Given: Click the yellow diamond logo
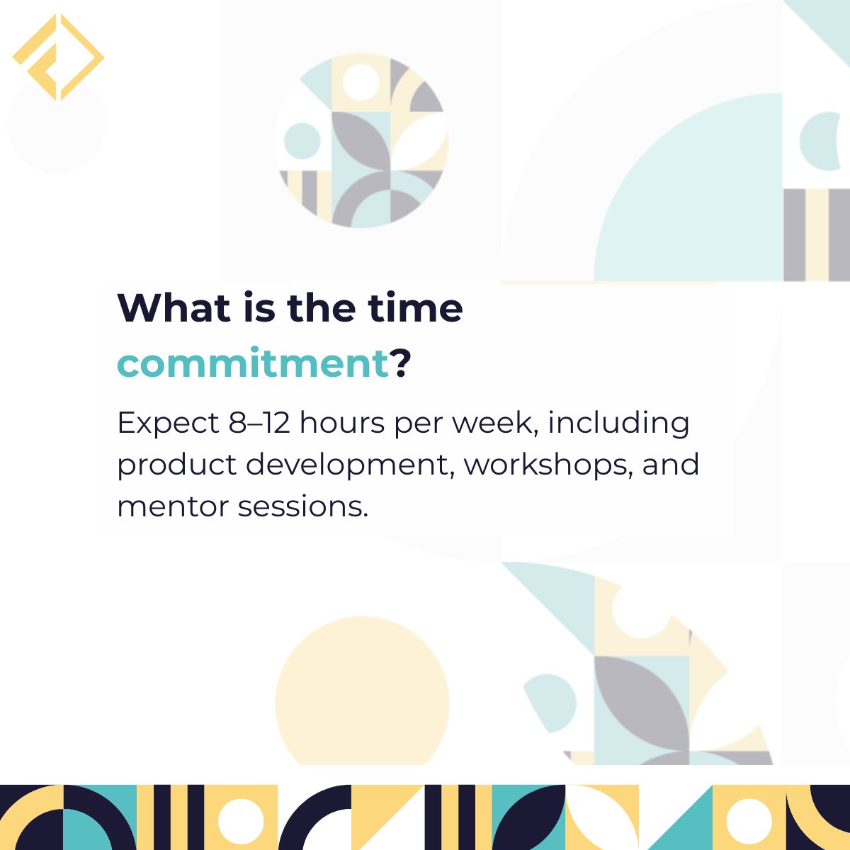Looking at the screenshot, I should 58,57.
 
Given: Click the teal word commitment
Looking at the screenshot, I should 253,363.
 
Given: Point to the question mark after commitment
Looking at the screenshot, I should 402,363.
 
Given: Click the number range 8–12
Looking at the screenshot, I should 259,423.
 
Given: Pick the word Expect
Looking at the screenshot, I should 169,423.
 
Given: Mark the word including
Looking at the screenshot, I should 618,423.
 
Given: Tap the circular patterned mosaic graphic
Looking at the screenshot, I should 361,142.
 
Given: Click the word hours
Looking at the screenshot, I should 343,423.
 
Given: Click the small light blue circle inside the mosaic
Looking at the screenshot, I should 302,140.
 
